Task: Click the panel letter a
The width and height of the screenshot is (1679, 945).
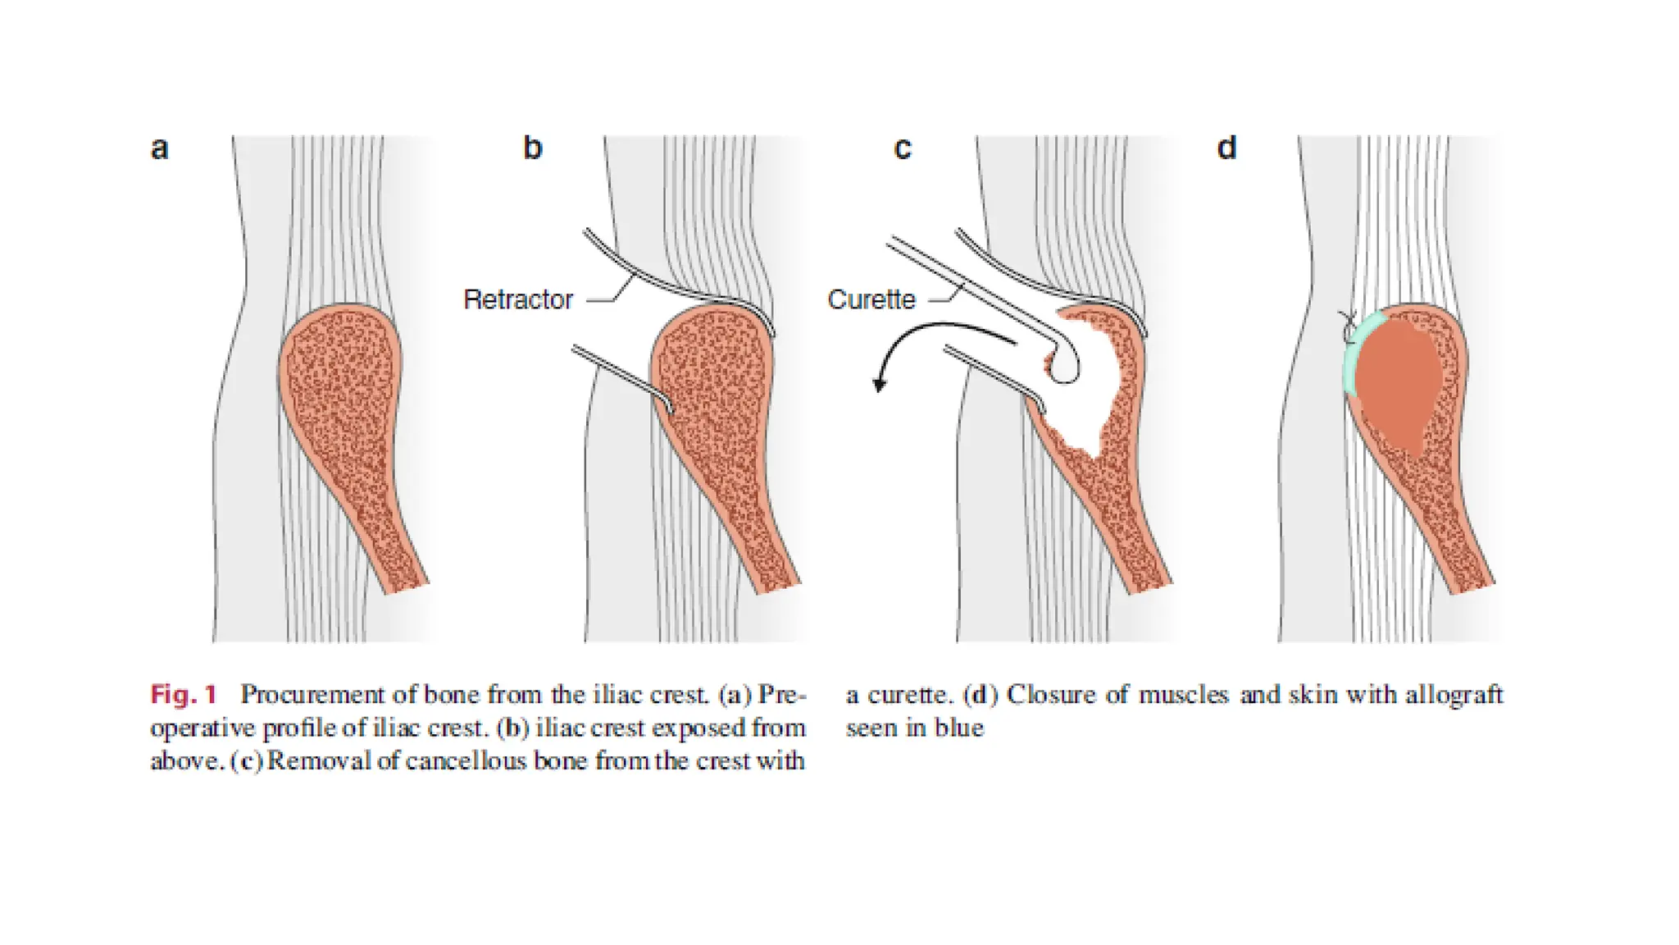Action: [160, 148]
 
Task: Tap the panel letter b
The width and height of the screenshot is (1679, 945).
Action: [533, 148]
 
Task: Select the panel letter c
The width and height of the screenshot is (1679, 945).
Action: [902, 149]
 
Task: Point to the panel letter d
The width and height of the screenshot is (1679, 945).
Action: [1227, 148]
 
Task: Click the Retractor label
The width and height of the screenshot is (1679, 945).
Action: [518, 299]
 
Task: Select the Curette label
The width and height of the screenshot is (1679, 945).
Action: [871, 299]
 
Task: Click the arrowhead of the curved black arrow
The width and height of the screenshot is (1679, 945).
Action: [880, 384]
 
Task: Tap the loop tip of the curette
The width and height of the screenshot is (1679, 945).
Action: [1065, 367]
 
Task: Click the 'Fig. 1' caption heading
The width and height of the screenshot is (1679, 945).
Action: [184, 695]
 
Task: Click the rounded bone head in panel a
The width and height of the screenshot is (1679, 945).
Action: [340, 361]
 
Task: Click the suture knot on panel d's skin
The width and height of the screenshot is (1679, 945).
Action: [1346, 326]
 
